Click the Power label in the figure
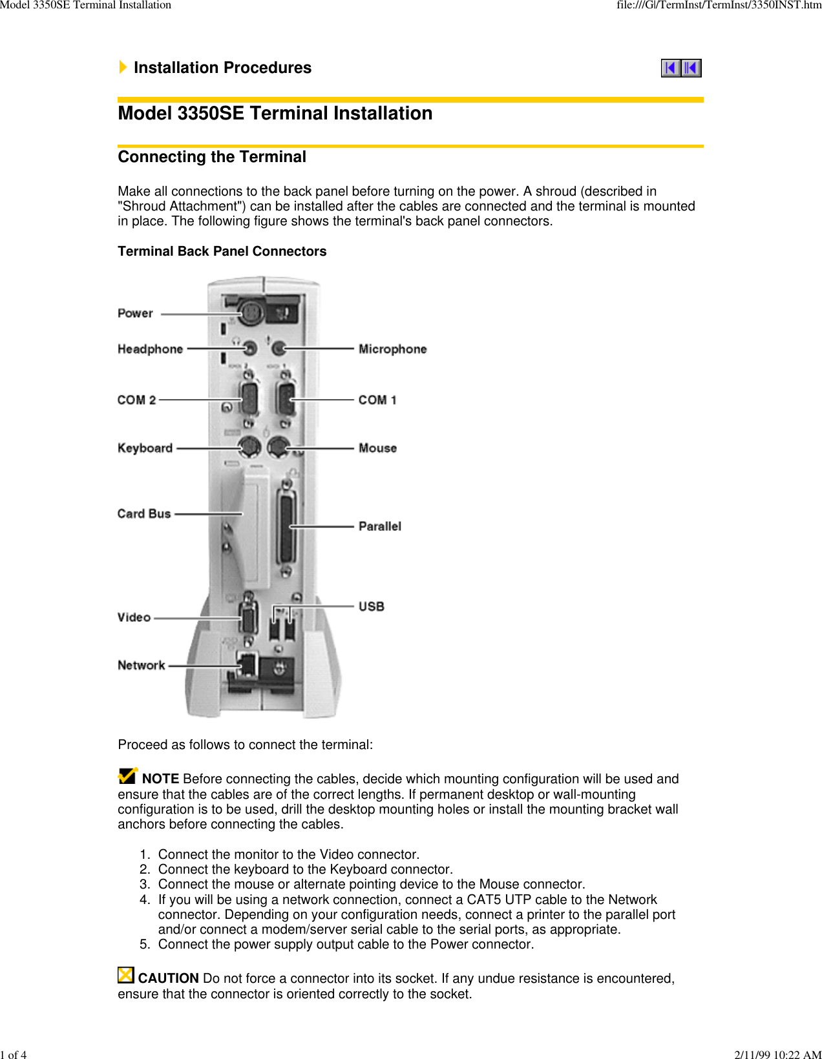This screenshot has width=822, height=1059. coord(135,313)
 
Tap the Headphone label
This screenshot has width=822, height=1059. coord(150,349)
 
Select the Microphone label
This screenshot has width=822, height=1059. coord(392,349)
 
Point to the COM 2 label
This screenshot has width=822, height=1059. coord(136,400)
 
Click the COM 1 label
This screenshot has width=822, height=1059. coord(377,400)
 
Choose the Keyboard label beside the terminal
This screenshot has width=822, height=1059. coord(145,447)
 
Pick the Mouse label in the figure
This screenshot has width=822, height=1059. coord(377,447)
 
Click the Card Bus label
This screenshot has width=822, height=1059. coord(144,513)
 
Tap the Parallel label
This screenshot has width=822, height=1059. coord(380,526)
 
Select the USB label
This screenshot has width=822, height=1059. coord(372,606)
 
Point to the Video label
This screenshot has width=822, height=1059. coord(134,617)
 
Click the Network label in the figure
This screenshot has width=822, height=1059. coord(141,665)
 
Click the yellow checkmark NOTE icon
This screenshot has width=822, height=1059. coord(128,775)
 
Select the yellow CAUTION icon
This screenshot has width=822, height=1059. coord(125,975)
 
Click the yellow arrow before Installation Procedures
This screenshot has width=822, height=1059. coord(123,67)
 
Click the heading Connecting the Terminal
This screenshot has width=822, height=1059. coord(212,157)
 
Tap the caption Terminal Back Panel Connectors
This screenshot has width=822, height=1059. coord(222,251)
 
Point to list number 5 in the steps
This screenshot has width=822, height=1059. coord(145,944)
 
